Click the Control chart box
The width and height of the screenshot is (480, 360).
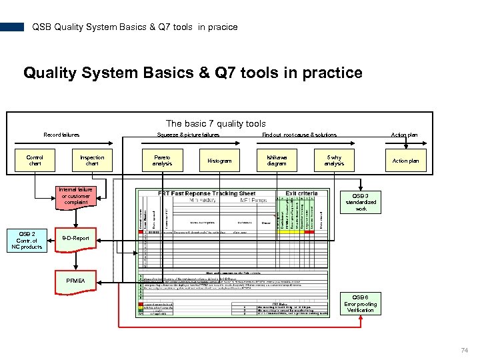35,161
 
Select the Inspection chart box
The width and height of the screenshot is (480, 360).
92,161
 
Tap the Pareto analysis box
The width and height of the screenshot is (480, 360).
162,161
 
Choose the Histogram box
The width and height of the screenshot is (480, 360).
219,161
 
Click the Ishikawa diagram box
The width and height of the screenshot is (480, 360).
277,161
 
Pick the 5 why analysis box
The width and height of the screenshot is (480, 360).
334,161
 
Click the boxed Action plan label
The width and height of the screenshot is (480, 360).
405,161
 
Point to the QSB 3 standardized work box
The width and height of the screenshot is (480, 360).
361,202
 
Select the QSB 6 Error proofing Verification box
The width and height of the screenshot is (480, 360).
361,303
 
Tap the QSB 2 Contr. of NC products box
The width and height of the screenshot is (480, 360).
27,240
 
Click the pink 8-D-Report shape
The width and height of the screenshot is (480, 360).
75,238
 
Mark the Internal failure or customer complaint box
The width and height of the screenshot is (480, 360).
75,196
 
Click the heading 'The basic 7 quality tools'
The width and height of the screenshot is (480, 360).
215,123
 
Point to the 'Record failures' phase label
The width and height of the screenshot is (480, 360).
61,135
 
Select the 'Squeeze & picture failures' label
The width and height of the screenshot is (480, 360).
188,135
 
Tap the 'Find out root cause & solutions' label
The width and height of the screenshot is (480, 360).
299,135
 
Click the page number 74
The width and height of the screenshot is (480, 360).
464,350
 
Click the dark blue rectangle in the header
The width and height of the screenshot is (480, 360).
12,27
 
